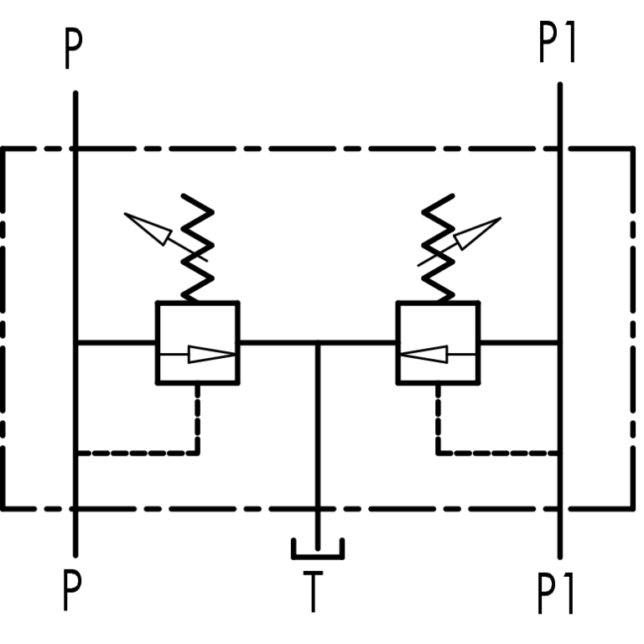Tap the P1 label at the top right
coord(558,44)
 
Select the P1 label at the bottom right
coord(558,595)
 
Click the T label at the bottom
coord(312,593)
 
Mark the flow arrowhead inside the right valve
coord(423,355)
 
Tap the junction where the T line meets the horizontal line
coord(317,343)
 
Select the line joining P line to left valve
coord(116,342)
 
